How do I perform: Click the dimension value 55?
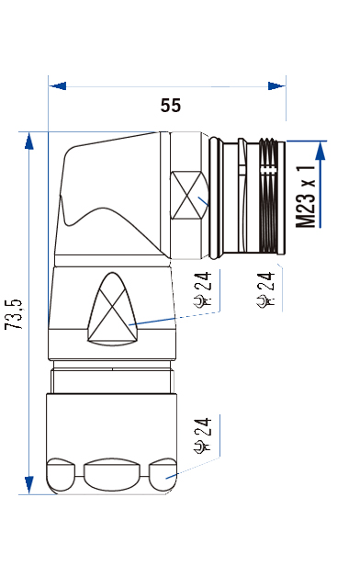coord(171,106)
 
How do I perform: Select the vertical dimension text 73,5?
coord(14,314)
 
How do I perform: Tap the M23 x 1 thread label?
coord(306,197)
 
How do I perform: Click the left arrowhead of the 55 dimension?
coord(57,85)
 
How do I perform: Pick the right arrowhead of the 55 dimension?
coord(276,85)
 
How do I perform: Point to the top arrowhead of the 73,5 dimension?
coord(28,141)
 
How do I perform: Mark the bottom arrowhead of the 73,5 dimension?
coord(28,485)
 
